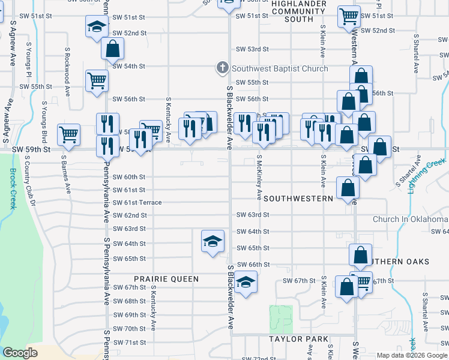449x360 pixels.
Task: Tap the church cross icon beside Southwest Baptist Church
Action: pos(223,68)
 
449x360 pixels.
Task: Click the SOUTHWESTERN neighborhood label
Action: pos(298,198)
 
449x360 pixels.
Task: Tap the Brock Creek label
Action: pos(13,188)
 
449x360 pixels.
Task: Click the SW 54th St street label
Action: pos(130,66)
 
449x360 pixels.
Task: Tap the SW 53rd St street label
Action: pos(251,49)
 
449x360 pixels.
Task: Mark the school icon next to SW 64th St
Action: pos(212,241)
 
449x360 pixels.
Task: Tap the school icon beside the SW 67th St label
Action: pos(246,282)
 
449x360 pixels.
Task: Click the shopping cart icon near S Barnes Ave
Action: pos(69,134)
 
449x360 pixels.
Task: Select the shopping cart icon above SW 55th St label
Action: pos(97,80)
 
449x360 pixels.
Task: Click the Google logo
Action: pos(20,353)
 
